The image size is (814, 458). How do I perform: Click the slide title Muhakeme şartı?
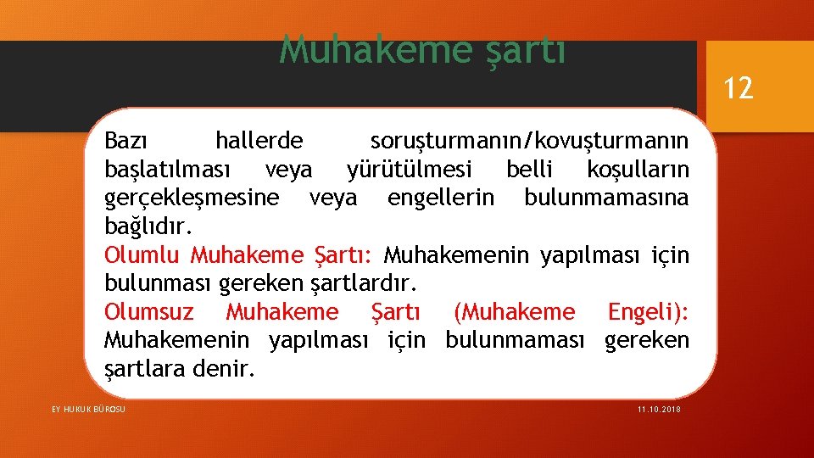point(421,50)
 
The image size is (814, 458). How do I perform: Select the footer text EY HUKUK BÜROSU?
point(88,410)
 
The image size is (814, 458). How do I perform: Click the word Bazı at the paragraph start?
point(126,140)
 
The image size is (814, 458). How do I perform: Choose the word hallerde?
point(259,140)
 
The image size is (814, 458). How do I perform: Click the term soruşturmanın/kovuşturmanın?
point(529,140)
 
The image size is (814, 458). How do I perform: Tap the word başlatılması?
point(167,170)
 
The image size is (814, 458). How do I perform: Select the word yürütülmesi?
point(410,170)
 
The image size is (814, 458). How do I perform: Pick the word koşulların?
point(638,170)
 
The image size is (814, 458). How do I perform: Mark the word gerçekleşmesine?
point(192,198)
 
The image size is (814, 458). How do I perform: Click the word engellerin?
point(440,198)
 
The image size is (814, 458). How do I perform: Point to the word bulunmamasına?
point(606,198)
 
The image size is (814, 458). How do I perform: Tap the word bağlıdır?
point(148,227)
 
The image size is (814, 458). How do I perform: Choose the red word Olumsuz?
point(148,312)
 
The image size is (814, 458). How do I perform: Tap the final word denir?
point(225,370)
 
